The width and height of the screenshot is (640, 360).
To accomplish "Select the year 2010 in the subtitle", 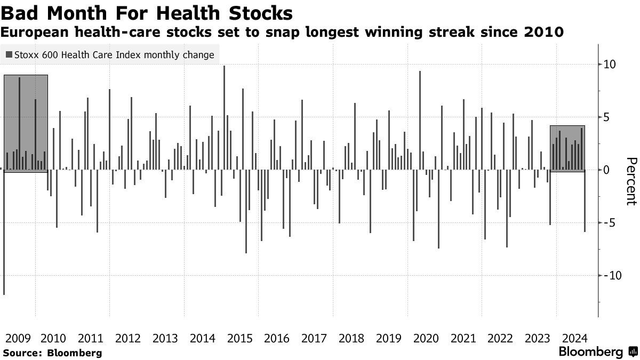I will pos(544,33).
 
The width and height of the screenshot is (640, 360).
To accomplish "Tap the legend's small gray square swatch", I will pos(9,55).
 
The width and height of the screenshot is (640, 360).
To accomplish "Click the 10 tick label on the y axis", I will pos(609,65).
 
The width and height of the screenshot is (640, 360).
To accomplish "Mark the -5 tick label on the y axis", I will pos(609,222).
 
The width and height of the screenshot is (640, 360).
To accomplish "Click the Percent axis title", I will pos(631,181).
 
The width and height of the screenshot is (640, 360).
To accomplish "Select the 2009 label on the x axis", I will pos(16,338).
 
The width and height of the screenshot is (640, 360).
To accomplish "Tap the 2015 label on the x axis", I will pos(239,338).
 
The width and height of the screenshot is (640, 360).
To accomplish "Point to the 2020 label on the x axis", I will pos(426,338).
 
